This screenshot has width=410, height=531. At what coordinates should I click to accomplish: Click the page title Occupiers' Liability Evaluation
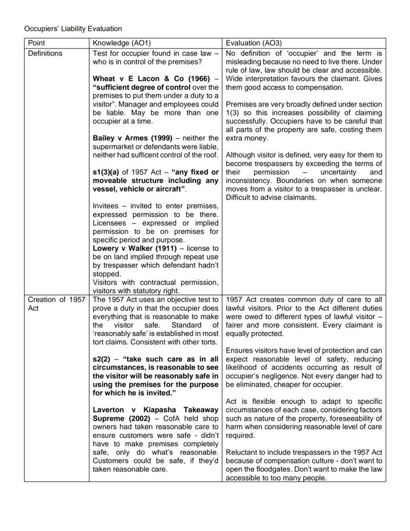pos(73,29)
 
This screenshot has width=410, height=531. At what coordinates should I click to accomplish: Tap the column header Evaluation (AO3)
pos(254,43)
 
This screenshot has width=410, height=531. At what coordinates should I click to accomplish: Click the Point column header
pos(36,43)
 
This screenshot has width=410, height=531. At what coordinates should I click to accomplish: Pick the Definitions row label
pos(45,53)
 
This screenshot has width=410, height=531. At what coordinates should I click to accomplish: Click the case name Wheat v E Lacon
pos(129,78)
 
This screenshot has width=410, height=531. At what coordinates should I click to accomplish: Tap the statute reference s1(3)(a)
pos(105,172)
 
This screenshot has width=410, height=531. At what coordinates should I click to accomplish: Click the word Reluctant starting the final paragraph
pos(242,452)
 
